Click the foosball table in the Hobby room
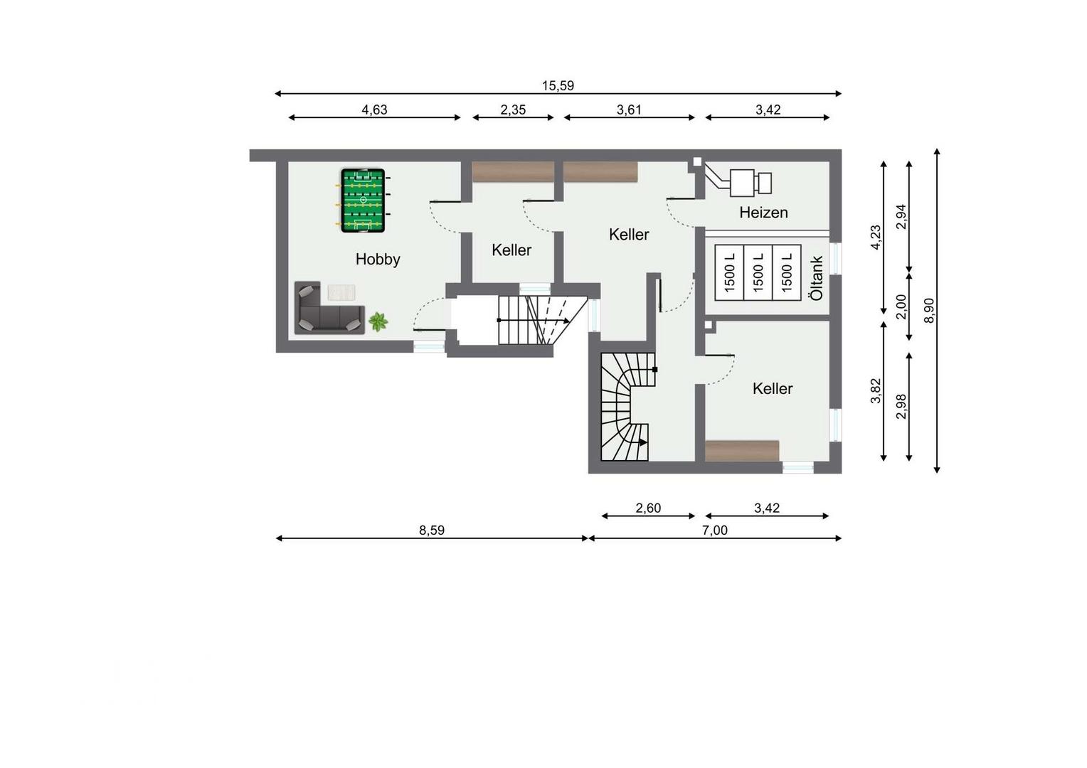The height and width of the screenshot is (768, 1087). tap(363, 201)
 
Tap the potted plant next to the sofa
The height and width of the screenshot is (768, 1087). tap(378, 321)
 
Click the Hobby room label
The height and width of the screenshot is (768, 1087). tap(378, 259)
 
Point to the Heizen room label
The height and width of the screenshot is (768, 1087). tap(763, 212)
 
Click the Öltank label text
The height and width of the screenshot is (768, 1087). tap(817, 278)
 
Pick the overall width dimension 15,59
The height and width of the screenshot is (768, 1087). tap(558, 86)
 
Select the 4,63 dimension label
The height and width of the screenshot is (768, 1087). tap(374, 110)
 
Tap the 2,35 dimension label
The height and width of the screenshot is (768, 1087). tap(513, 110)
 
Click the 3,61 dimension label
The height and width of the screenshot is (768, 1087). tap(629, 110)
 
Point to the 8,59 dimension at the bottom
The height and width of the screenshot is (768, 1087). tap(431, 530)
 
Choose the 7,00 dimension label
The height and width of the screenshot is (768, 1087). tap(715, 530)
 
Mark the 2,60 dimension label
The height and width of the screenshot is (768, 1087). tap(648, 508)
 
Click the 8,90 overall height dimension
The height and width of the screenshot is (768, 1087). tap(929, 311)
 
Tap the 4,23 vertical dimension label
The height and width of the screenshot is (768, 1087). tap(876, 238)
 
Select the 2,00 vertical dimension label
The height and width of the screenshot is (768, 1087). tap(901, 306)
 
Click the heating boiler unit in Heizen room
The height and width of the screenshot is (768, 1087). tap(751, 183)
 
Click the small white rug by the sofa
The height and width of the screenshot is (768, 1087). tap(341, 292)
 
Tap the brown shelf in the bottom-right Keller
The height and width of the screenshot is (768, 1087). tap(742, 451)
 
